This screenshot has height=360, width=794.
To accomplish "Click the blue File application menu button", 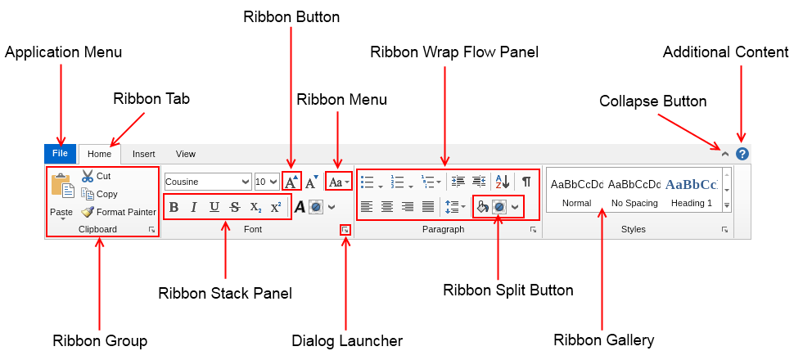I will tap(60, 154).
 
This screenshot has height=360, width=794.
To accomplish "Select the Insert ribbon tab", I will tap(144, 154).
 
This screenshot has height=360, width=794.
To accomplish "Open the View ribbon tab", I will tap(186, 154).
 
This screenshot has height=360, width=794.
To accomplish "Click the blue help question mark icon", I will tap(742, 154).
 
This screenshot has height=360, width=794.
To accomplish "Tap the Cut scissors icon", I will tap(88, 176).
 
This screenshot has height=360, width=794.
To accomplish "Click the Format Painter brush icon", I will tap(88, 212).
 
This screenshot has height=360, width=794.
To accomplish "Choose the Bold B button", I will tap(174, 207).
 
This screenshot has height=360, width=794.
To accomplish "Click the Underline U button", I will tap(214, 207).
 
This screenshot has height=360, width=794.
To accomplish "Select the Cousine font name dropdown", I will tap(208, 182).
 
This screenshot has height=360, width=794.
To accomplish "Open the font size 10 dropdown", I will tap(267, 182).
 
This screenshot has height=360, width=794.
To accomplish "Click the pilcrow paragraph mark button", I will tap(526, 182).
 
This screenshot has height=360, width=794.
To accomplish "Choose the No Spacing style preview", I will tap(635, 191).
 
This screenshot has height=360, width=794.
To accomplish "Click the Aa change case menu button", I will tap(338, 182).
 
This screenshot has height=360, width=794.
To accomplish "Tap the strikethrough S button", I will tap(235, 207).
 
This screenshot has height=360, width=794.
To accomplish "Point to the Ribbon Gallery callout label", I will tap(604, 340).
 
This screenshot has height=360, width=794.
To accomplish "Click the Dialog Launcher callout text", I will tap(347, 340).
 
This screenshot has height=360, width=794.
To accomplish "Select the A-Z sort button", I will tap(503, 182).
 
